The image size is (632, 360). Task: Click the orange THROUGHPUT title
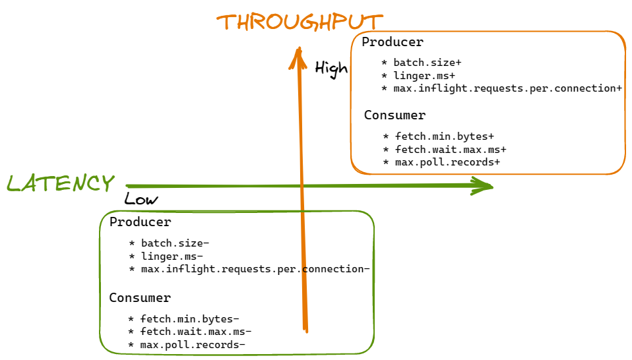tap(300, 22)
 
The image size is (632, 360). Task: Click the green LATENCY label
tap(61, 183)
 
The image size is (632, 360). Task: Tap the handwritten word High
tap(331, 69)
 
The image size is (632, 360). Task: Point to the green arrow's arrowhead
tap(486, 186)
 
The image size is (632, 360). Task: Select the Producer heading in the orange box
tap(393, 42)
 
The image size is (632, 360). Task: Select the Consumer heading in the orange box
tap(395, 115)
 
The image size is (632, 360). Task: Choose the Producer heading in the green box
tap(141, 222)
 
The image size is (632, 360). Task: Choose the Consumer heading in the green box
tap(141, 298)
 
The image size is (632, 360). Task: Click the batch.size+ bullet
tap(427, 63)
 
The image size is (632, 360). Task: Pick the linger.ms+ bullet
tap(424, 76)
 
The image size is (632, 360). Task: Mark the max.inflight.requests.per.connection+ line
tap(507, 88)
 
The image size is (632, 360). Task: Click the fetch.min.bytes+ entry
tap(444, 136)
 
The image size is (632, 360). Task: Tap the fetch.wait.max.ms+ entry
tap(450, 150)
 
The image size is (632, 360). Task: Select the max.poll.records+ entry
tap(447, 162)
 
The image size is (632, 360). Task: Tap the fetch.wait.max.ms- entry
tap(195, 332)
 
